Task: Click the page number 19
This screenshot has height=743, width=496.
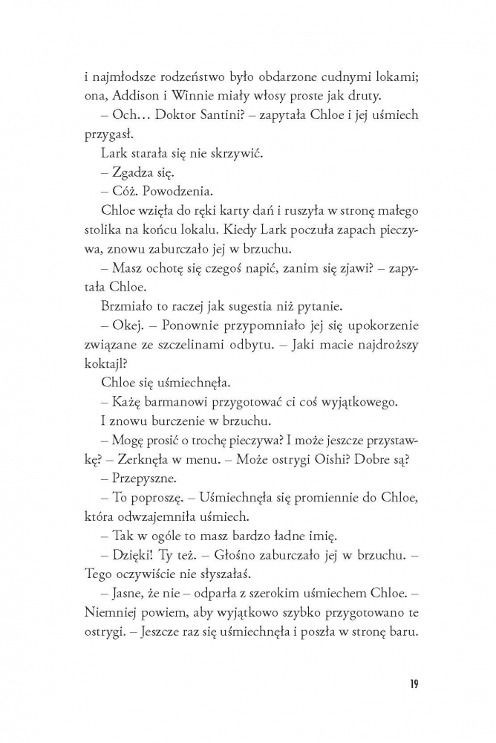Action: coord(413,683)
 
